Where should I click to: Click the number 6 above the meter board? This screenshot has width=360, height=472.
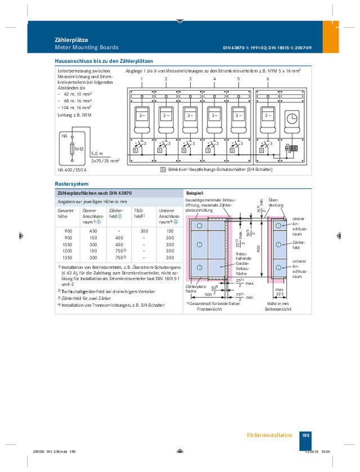click(x=268, y=79)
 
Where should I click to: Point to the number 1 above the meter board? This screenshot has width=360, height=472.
click(x=142, y=79)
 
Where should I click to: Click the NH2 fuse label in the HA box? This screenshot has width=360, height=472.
click(x=79, y=149)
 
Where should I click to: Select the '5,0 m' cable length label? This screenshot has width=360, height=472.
click(x=97, y=154)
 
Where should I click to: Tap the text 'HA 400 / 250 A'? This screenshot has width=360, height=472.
click(x=72, y=170)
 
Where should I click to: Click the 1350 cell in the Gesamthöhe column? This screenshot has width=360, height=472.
click(x=68, y=257)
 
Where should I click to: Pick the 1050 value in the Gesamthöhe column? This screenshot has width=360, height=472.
click(x=68, y=244)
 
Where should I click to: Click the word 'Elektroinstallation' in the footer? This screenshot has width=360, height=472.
click(x=269, y=435)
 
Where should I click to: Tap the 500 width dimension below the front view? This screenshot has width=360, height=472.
click(x=208, y=294)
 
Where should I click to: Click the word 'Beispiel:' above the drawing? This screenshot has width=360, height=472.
click(x=195, y=193)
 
